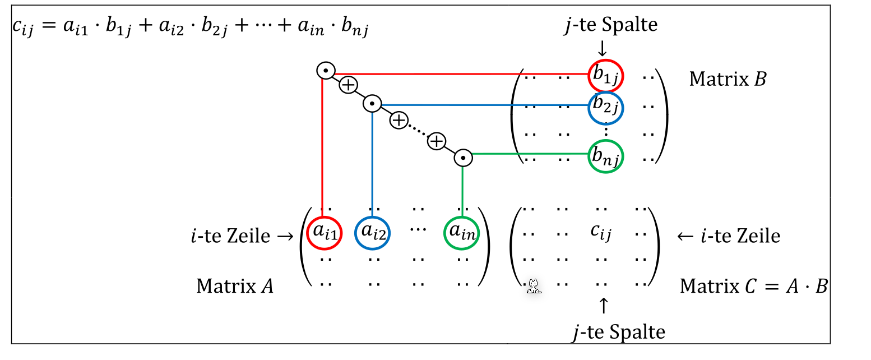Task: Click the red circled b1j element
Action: (606, 76)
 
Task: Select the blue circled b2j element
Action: (606, 105)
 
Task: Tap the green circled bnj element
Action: (606, 157)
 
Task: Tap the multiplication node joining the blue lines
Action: (372, 104)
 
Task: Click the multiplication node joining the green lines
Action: (463, 158)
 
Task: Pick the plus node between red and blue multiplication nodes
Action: (348, 85)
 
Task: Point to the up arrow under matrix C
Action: (603, 306)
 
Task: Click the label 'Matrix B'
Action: (727, 79)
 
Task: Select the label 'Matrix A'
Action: (235, 286)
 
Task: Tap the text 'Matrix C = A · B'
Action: (753, 286)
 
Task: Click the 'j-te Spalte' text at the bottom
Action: (619, 332)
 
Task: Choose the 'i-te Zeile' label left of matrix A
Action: (242, 236)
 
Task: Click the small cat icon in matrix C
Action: (534, 287)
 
